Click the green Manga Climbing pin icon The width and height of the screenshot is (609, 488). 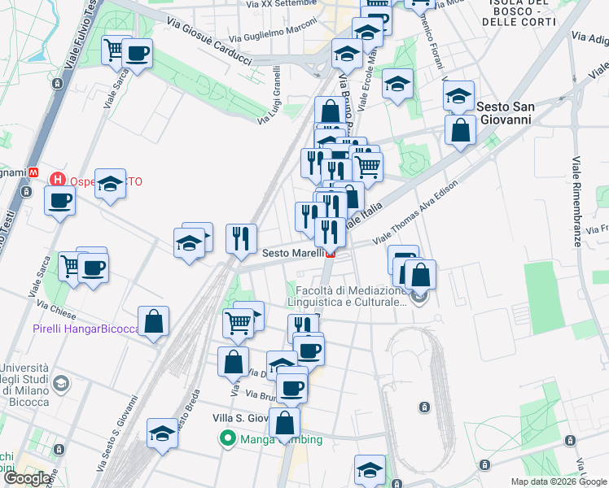coord(229,440)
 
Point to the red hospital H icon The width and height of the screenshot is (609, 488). coord(58,180)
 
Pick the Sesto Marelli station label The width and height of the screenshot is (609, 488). coord(293,253)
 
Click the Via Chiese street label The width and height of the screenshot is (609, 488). coord(57,308)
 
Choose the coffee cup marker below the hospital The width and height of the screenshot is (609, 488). coord(60,200)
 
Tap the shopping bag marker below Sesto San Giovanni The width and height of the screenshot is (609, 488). coord(460,130)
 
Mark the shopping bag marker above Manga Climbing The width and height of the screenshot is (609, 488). coord(284,423)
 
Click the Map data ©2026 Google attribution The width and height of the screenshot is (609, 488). coord(559,481)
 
